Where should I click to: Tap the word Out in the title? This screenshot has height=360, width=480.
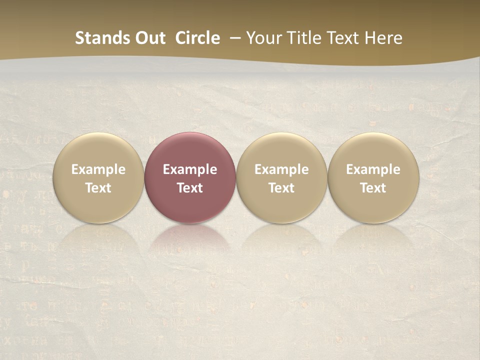pos(149,38)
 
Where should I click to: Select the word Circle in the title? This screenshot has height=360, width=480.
pos(197,38)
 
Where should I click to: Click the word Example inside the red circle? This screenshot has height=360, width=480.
pos(190,169)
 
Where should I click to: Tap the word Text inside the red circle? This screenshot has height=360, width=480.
pos(190,188)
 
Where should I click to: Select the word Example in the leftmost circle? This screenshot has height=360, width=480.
pos(98,169)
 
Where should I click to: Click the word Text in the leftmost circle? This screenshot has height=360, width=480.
pos(98,188)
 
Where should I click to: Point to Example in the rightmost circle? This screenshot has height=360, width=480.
pos(373,169)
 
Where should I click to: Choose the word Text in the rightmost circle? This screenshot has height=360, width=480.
pos(373,188)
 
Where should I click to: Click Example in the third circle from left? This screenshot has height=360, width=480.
pos(281,169)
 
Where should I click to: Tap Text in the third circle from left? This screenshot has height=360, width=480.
pos(281,188)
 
